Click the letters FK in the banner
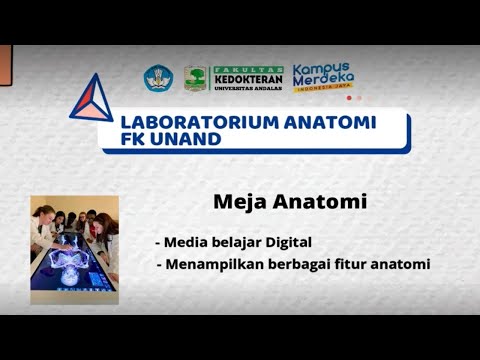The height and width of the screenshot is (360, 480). pos(132,140)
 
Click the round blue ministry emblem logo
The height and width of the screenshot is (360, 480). pos(158,79)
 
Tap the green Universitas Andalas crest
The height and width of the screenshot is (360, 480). pos(196,79)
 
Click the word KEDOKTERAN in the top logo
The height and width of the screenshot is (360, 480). pos(248,79)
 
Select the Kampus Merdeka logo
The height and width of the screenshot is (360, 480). pos(323,76)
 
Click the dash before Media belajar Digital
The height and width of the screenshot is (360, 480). pos(158,243)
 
